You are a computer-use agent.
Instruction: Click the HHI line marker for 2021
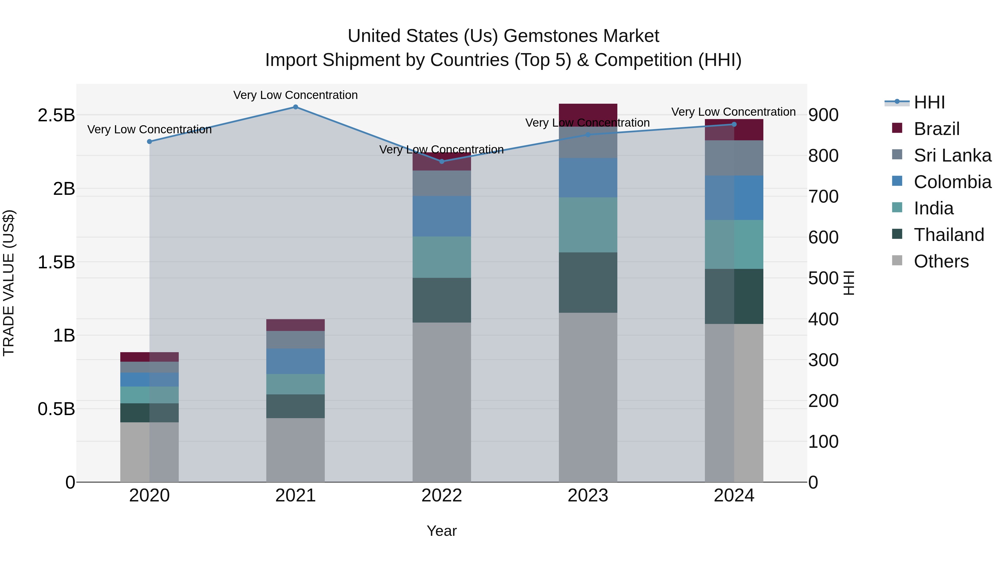296,107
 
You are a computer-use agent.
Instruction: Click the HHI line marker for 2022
442,161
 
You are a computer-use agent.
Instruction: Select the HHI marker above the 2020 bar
149,141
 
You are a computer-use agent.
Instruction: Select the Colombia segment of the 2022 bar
442,216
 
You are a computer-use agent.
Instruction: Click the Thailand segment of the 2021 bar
296,406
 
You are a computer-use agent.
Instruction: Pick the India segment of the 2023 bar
588,225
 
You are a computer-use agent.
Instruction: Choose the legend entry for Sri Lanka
952,155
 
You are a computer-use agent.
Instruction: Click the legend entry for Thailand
949,235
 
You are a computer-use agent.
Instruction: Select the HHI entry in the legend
929,102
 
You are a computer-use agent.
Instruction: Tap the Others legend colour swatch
897,260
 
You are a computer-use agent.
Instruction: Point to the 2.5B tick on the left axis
56,115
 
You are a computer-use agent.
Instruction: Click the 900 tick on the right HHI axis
823,115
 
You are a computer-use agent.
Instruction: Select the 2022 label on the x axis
442,496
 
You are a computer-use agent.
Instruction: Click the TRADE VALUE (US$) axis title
9,283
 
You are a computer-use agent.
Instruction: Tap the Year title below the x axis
442,531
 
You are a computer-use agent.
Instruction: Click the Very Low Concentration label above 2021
296,95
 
